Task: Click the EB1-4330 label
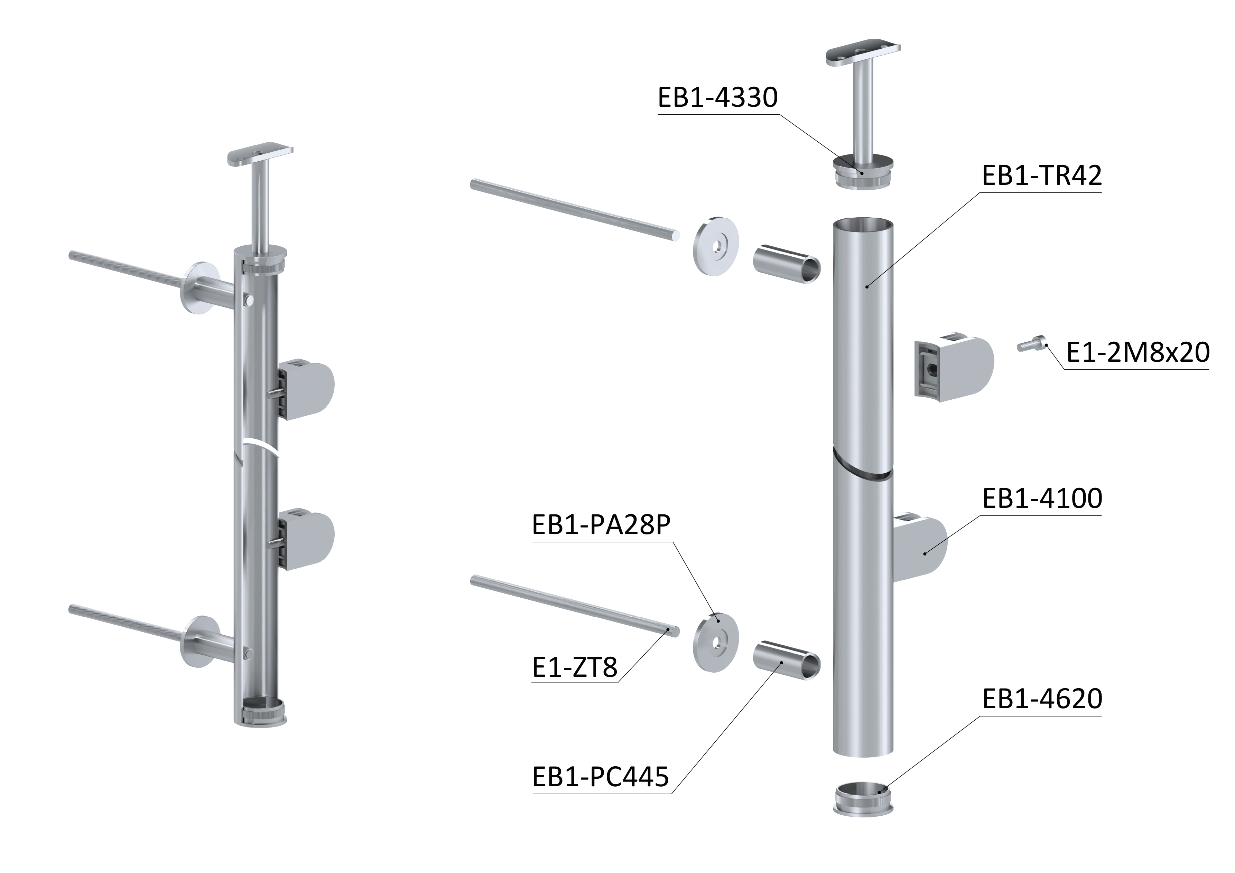click(717, 98)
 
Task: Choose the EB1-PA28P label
click(601, 525)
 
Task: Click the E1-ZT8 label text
click(575, 668)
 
